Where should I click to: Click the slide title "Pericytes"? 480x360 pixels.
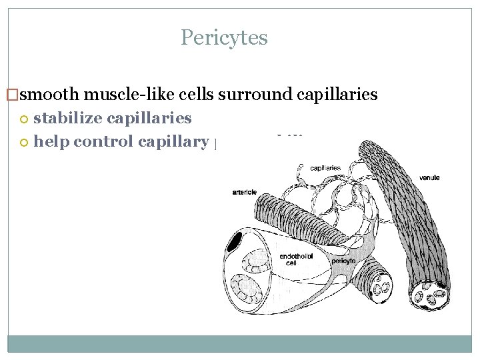coord(224,37)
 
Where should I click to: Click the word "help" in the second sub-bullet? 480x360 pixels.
coord(51,141)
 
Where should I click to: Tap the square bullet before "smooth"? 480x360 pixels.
coord(10,95)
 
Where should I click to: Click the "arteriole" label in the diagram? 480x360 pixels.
coord(245,192)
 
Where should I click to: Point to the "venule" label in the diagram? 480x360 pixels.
coord(429,177)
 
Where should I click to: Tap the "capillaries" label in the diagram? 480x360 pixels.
coord(325,168)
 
